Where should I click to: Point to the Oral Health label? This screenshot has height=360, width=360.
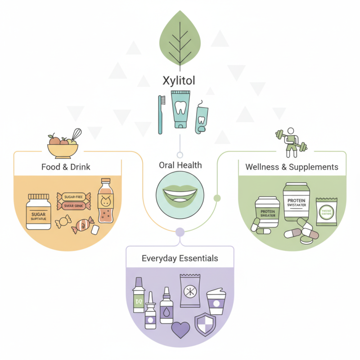180,165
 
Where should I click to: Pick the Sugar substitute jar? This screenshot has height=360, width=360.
38,211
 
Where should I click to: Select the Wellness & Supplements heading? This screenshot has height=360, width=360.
292,167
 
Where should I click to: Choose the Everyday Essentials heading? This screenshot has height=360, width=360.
180,258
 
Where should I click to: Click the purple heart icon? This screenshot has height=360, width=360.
181,329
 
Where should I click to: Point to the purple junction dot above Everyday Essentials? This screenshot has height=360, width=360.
180,232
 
